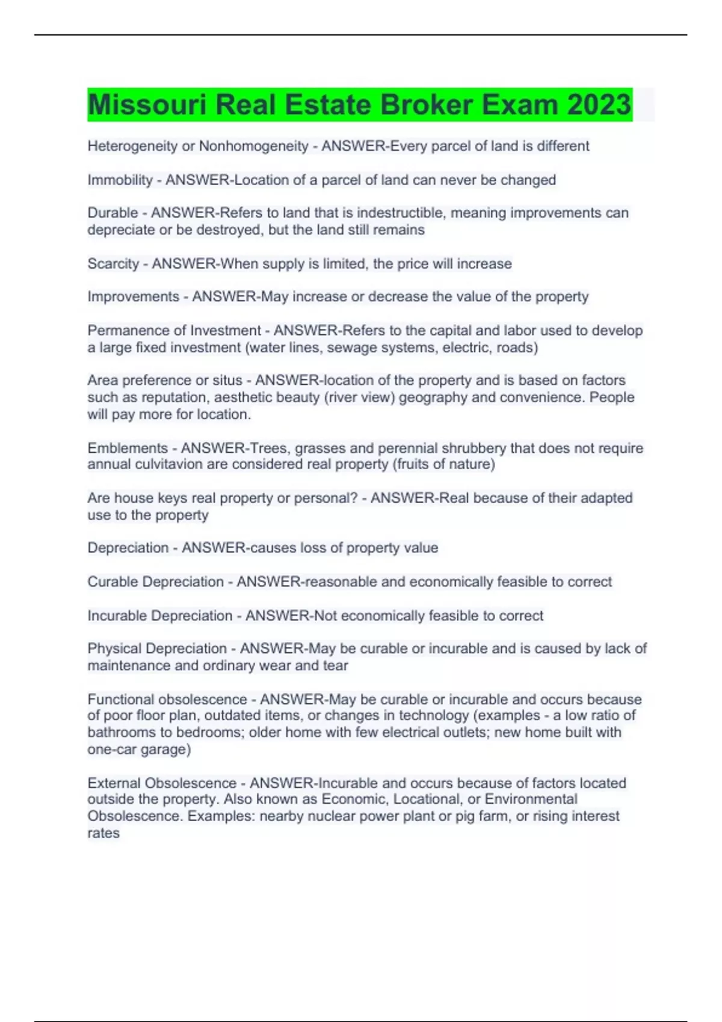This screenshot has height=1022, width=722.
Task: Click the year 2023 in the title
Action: click(599, 105)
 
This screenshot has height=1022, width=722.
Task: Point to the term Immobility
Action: click(120, 180)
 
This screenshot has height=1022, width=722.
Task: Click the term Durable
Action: click(113, 213)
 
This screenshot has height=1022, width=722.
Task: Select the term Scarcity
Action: click(113, 263)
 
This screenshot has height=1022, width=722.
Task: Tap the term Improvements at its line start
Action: click(133, 296)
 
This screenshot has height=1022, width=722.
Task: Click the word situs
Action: click(227, 380)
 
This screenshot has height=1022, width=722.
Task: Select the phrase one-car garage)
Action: click(139, 750)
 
